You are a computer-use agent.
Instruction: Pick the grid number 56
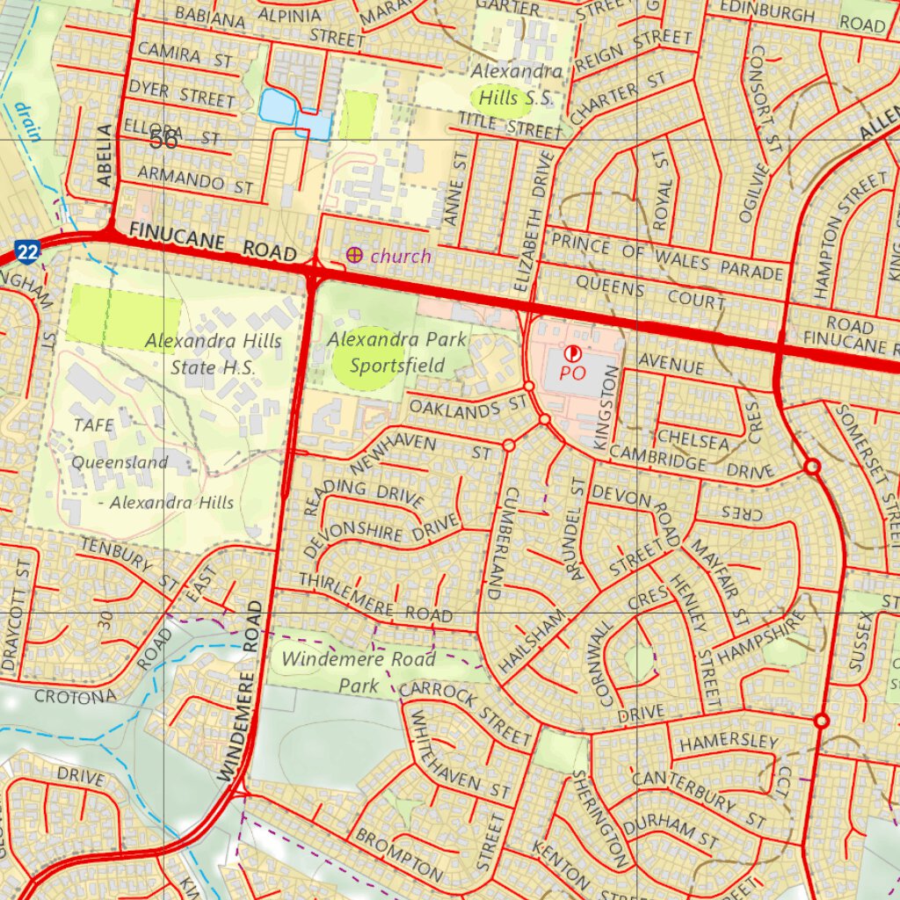pyautogui.click(x=163, y=140)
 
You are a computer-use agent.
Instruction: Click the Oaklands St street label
pyautogui.click(x=467, y=407)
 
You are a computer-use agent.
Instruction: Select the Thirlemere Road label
pyautogui.click(x=375, y=597)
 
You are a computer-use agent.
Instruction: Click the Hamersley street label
pyautogui.click(x=729, y=743)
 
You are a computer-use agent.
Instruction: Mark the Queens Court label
pyautogui.click(x=650, y=294)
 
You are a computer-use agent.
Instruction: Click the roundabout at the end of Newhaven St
pyautogui.click(x=508, y=446)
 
